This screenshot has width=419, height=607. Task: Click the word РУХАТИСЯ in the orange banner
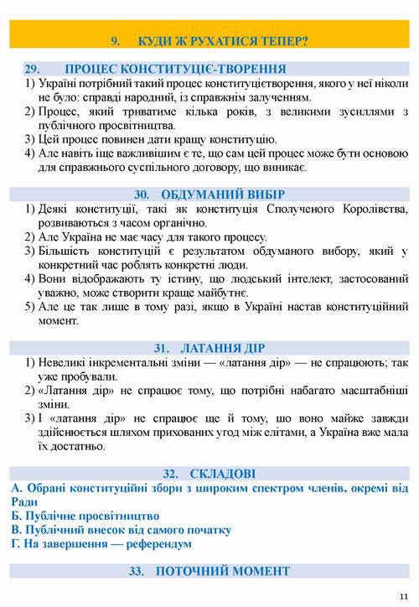point(199,39)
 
